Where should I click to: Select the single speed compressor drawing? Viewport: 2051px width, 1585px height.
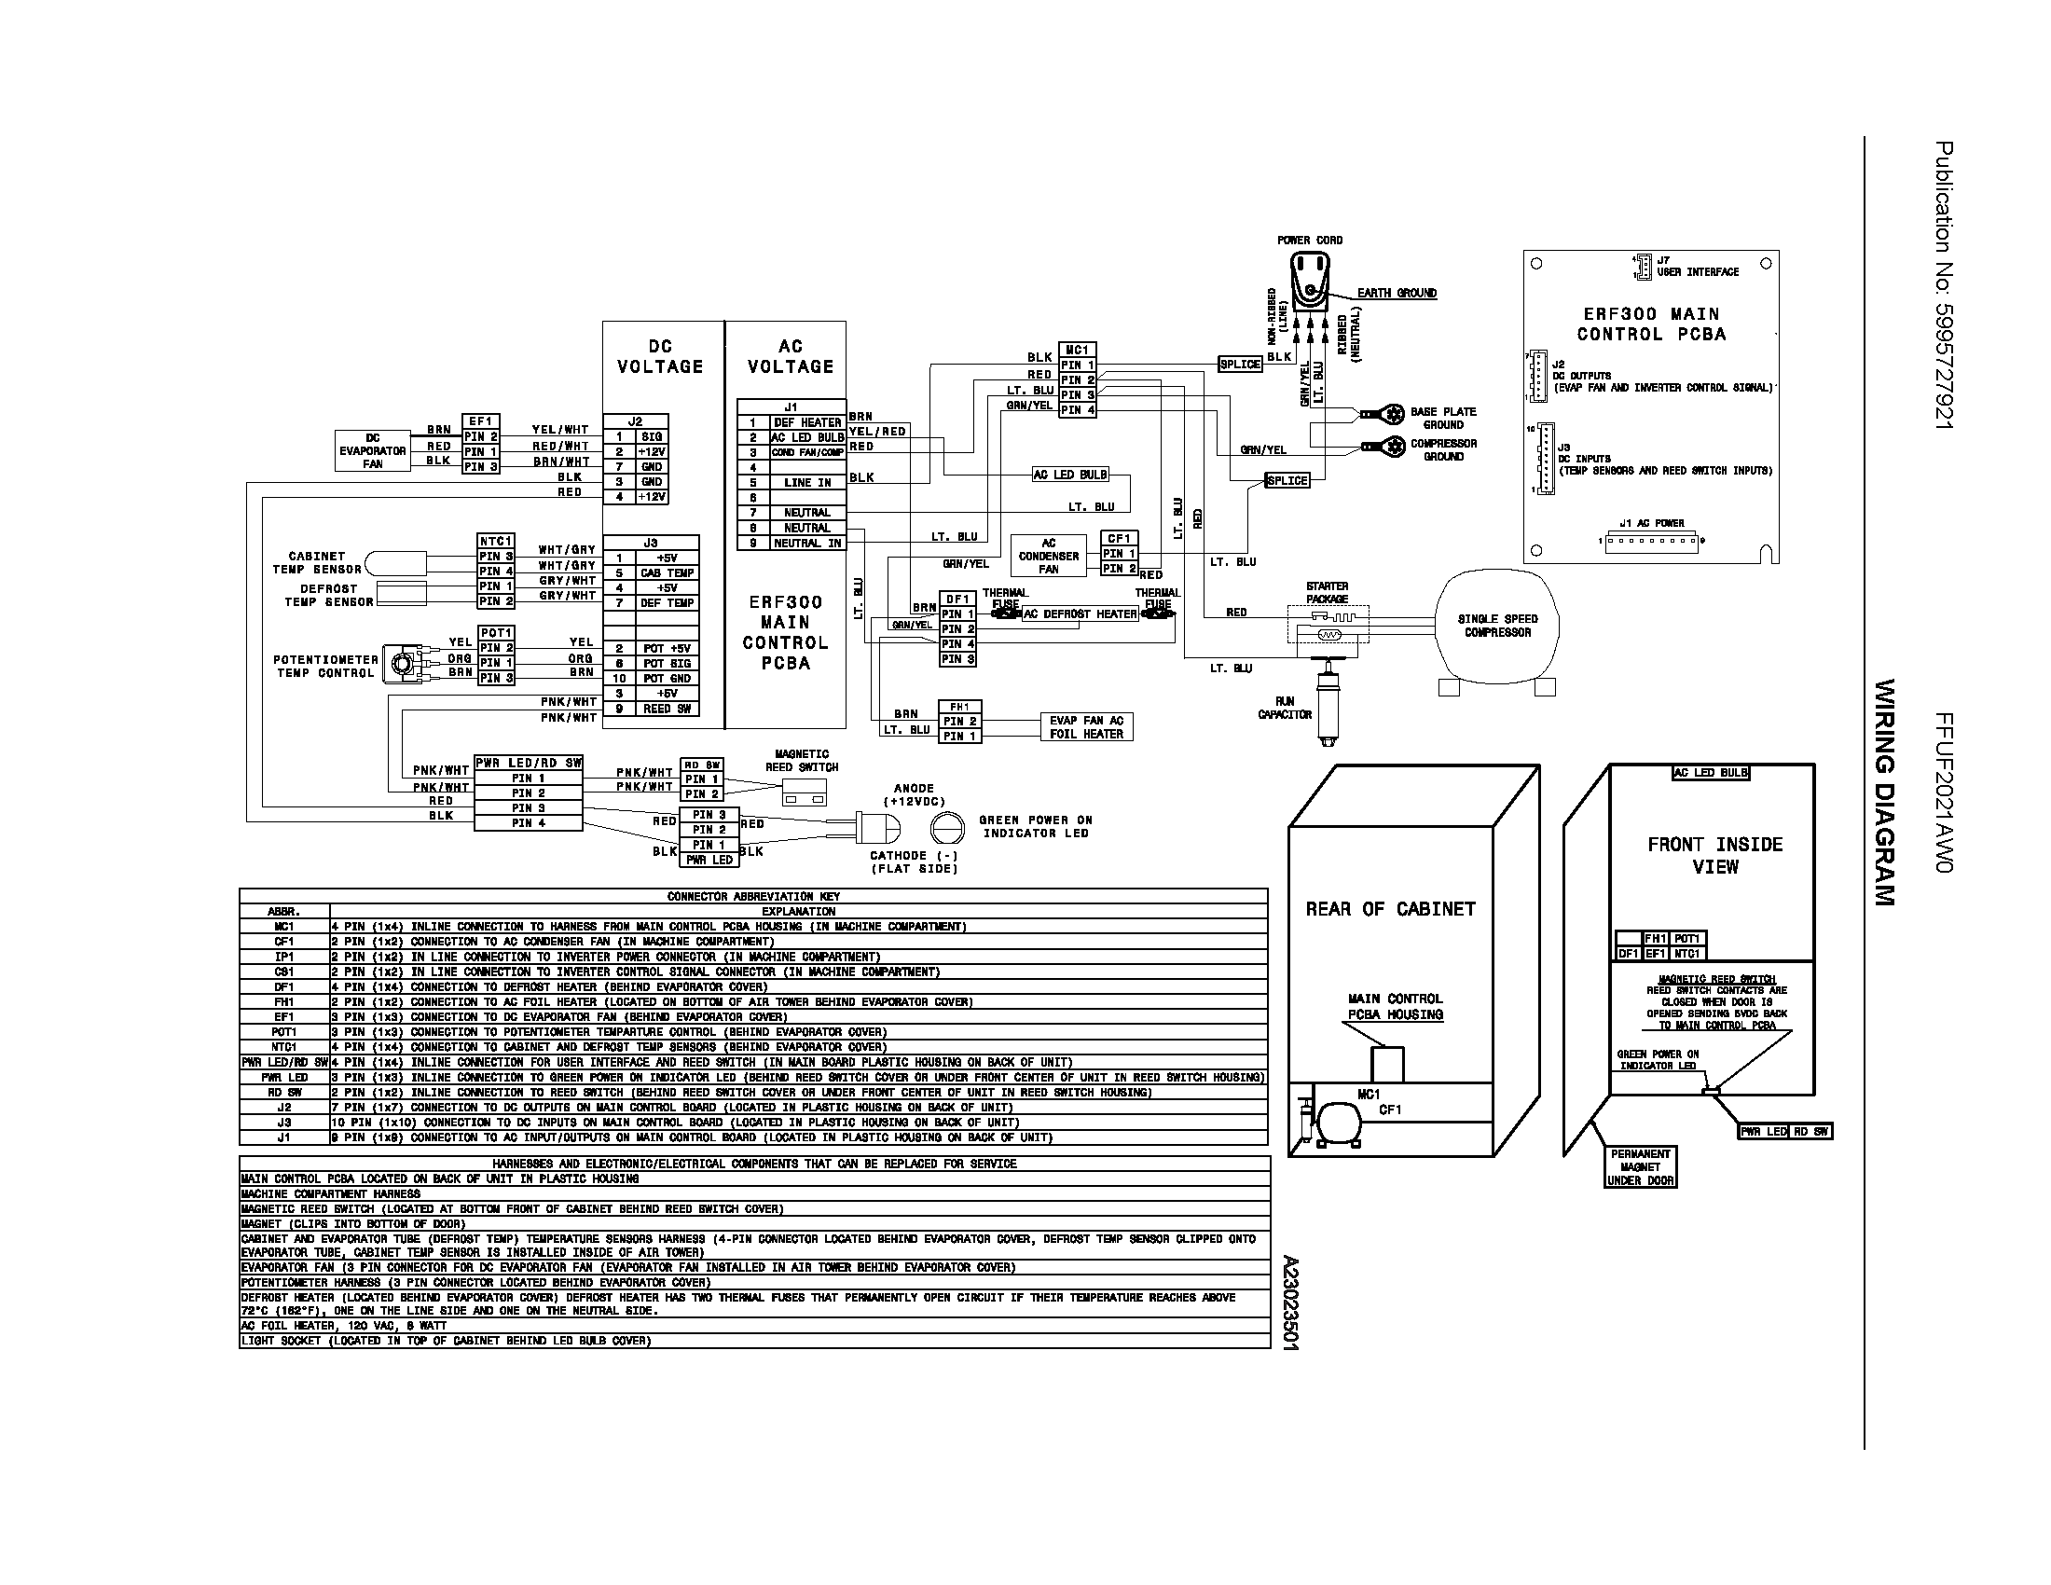[x=1497, y=626]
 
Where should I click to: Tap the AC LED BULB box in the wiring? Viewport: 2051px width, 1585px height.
[x=1069, y=475]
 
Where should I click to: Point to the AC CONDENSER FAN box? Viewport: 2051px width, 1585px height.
[x=1048, y=556]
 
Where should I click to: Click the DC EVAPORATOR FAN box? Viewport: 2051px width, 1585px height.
[x=373, y=450]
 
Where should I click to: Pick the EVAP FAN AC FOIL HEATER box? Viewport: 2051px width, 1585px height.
[x=1085, y=727]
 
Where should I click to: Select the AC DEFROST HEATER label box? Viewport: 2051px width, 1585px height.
[x=1080, y=614]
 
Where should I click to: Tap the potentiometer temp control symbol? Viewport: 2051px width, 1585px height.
[x=403, y=665]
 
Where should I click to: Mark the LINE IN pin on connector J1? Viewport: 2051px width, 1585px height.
[x=806, y=483]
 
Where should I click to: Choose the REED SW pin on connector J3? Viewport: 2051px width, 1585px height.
[x=667, y=709]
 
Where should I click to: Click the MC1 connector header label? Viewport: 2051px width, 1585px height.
[x=1077, y=350]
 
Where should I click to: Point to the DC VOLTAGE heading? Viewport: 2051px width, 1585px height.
[x=660, y=357]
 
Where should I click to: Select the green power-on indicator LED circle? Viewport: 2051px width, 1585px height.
[x=947, y=827]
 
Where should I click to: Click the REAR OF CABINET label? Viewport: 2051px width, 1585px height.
[x=1390, y=909]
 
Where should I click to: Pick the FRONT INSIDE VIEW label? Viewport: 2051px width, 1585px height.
[x=1714, y=855]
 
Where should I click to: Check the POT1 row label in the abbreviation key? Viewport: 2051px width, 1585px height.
[x=284, y=1032]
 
